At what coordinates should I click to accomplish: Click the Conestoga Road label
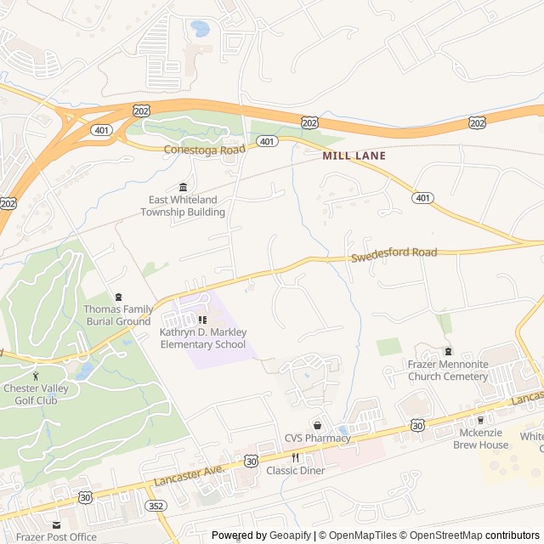pyautogui.click(x=204, y=149)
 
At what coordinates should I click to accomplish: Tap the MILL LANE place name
pyautogui.click(x=354, y=156)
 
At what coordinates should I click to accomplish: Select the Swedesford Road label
pyautogui.click(x=394, y=253)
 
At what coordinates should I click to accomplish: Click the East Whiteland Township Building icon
pyautogui.click(x=183, y=187)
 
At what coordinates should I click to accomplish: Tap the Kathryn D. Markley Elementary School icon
pyautogui.click(x=202, y=320)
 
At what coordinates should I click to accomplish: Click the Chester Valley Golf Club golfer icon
pyautogui.click(x=36, y=376)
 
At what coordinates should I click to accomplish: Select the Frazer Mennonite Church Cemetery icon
pyautogui.click(x=448, y=352)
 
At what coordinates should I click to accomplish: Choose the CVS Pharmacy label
pyautogui.click(x=317, y=439)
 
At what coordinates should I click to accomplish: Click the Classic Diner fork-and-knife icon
pyautogui.click(x=295, y=457)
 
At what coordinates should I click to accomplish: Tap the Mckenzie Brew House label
pyautogui.click(x=480, y=439)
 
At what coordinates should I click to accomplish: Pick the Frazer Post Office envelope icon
pyautogui.click(x=56, y=525)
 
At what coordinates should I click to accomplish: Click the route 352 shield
pyautogui.click(x=156, y=506)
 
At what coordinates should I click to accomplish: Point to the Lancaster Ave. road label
pyautogui.click(x=189, y=476)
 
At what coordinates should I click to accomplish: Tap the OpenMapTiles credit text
pyautogui.click(x=362, y=535)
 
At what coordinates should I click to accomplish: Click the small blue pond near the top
pyautogui.click(x=201, y=29)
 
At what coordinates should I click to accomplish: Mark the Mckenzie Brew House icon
pyautogui.click(x=480, y=420)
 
